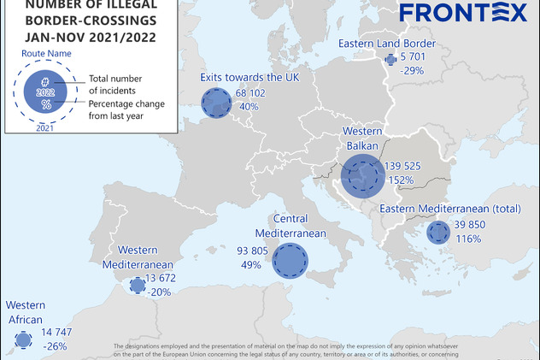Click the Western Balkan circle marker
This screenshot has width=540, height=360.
coord(363,177)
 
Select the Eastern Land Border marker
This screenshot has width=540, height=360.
coord(391,60)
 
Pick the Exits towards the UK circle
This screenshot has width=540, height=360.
coord(216,103)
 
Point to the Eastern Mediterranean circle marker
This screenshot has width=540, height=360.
coord(438,233)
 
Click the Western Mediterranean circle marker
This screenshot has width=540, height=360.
coord(137,286)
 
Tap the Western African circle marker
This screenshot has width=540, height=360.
coord(23,340)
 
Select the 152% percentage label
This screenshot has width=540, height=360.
coord(402,180)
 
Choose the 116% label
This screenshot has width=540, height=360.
coord(468,239)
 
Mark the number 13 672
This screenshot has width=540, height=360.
coord(161,278)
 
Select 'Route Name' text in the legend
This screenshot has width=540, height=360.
coord(45,52)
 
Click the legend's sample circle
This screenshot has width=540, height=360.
coord(45,90)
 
